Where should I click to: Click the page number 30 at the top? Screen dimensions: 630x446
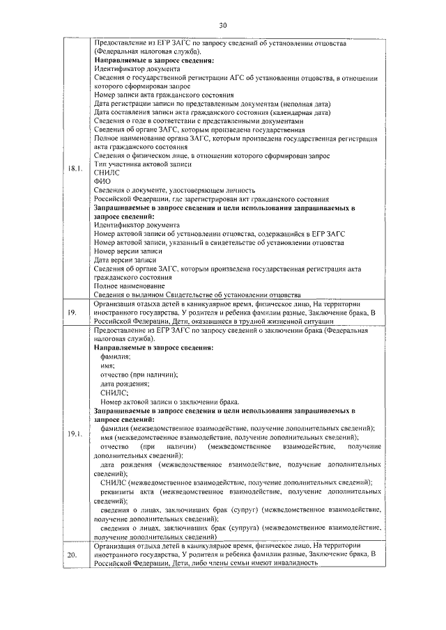(223, 26)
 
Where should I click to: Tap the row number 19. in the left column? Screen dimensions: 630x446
(72, 312)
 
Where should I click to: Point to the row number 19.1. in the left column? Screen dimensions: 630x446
(75, 434)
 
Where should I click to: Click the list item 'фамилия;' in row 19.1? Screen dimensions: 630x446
(116, 356)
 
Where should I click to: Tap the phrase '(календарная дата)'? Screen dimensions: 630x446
(300, 112)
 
